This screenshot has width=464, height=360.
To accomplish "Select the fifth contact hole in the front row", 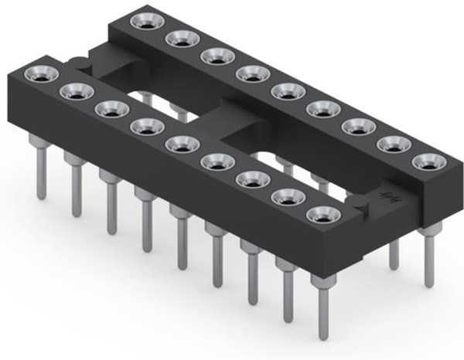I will pyautogui.click(x=182, y=144).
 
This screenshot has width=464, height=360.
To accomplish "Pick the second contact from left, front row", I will pyautogui.click(x=76, y=92).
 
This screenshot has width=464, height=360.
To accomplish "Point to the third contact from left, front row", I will pyautogui.click(x=111, y=109).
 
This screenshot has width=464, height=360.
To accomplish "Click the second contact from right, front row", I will pyautogui.click(x=288, y=197).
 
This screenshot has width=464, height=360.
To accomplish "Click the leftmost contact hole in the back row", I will pyautogui.click(x=145, y=22).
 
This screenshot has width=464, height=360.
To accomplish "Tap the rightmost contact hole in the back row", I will pyautogui.click(x=429, y=162).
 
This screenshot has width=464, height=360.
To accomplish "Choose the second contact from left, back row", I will pyautogui.click(x=181, y=39).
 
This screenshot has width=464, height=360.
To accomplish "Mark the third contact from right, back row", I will pyautogui.click(x=359, y=126).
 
